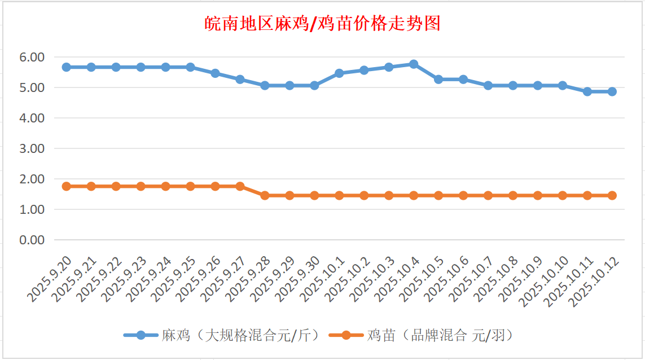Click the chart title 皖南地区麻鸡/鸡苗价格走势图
coord(322,24)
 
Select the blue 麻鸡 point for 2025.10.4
coord(414,64)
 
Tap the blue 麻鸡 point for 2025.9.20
coord(66,67)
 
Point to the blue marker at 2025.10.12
coord(612,91)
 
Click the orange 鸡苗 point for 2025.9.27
coord(240,186)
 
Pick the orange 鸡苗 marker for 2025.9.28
coord(265,195)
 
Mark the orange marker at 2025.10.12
coord(612,195)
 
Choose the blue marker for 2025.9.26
coord(215,73)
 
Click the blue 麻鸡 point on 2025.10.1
coord(339,73)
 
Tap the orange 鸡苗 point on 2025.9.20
coord(66,186)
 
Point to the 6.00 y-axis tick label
coord(32,58)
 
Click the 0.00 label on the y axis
coord(32,240)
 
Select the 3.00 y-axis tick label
coord(32,148)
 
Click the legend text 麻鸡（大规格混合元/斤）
coord(241,336)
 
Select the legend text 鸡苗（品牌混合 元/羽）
coord(440,336)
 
